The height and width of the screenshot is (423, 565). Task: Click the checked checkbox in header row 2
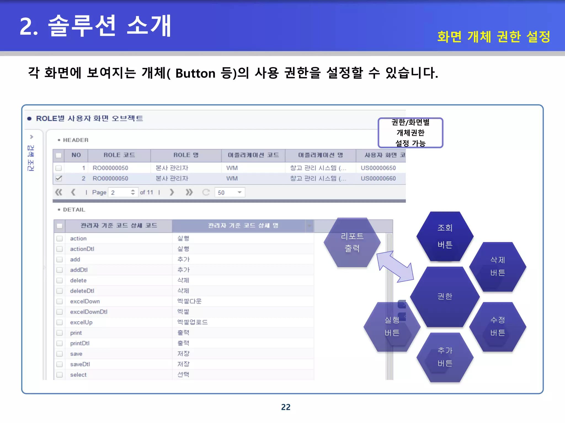(58, 178)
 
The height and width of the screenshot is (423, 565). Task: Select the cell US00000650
(378, 168)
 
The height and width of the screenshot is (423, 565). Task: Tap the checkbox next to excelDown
(59, 301)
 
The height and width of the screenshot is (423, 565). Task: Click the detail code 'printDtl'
(80, 343)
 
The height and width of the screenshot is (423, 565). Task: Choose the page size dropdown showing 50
(230, 192)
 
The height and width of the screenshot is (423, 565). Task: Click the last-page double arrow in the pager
(189, 192)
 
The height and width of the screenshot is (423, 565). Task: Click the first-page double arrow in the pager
(58, 192)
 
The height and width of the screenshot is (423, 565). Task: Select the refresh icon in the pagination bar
(206, 192)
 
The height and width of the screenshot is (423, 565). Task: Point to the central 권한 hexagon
(445, 297)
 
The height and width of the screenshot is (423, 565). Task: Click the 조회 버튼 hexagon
(445, 236)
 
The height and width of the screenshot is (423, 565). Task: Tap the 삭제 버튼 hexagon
(498, 266)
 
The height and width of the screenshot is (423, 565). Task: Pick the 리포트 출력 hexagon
(352, 242)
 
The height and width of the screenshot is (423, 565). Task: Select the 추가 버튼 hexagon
(445, 357)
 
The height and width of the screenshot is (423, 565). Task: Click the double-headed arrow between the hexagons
(395, 267)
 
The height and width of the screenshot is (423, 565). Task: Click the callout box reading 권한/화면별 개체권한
(410, 133)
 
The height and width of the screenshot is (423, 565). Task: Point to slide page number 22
(286, 407)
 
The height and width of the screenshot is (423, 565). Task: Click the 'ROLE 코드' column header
(119, 155)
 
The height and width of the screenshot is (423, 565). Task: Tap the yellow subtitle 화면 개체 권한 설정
(494, 37)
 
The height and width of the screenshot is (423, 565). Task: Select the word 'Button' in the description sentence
(195, 74)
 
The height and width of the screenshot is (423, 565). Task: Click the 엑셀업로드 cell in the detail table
(192, 322)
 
